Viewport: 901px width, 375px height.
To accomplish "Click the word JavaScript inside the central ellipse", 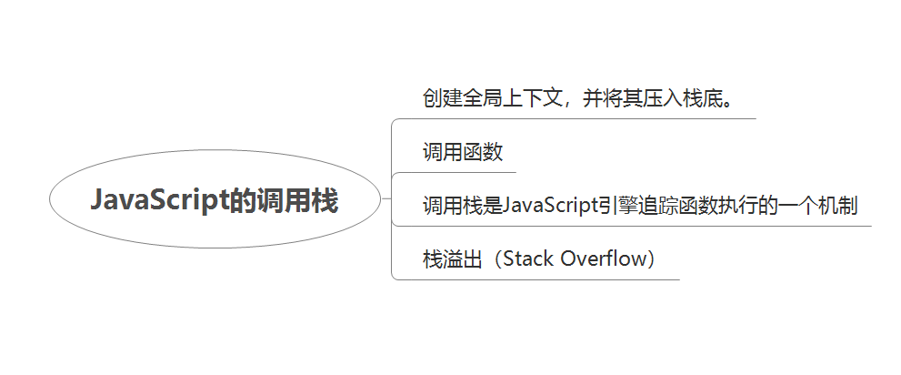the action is (x=159, y=201).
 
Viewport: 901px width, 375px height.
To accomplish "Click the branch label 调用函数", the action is (x=463, y=152).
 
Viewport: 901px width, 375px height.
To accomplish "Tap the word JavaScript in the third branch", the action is (x=550, y=206).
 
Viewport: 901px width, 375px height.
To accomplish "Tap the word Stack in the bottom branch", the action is (x=527, y=258).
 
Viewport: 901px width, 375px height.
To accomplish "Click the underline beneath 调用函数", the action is (x=454, y=172).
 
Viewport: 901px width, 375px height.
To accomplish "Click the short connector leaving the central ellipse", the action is (x=386, y=199).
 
